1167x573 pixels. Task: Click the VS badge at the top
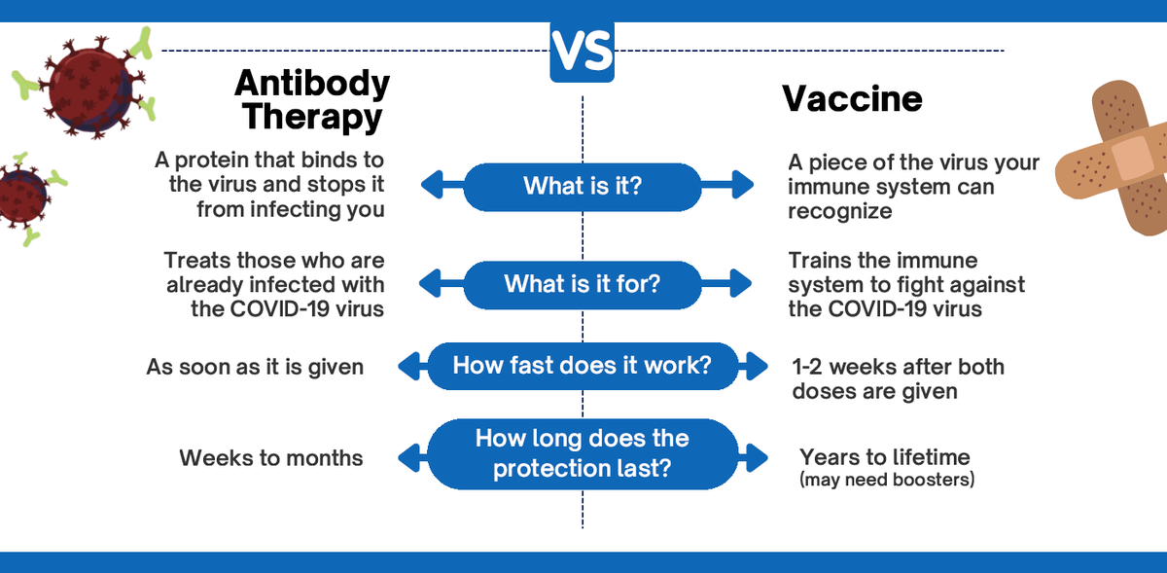click(582, 52)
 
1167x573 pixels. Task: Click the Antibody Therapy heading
click(312, 99)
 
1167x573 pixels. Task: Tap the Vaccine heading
click(852, 98)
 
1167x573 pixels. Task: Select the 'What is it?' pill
click(583, 187)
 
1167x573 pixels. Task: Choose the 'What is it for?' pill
click(583, 285)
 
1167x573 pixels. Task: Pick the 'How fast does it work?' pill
click(583, 366)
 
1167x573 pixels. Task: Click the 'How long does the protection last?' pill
click(583, 453)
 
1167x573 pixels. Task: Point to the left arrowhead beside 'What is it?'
click(433, 185)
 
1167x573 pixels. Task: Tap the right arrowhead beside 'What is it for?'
click(741, 283)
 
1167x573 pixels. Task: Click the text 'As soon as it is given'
click(255, 368)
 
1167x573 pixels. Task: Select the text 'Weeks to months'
click(271, 458)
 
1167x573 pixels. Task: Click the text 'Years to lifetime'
click(885, 457)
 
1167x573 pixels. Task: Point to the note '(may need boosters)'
click(887, 480)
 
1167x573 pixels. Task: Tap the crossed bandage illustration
click(1114, 157)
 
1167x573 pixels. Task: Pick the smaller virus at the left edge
click(26, 198)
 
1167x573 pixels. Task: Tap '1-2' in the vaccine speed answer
click(807, 367)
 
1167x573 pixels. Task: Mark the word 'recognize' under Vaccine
click(840, 212)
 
